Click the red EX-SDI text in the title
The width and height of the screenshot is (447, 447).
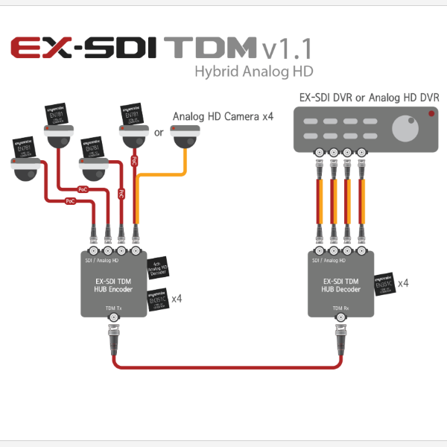coord(84,48)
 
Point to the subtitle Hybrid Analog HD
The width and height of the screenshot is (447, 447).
coord(254,72)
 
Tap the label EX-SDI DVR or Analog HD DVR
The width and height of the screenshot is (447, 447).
coord(369,98)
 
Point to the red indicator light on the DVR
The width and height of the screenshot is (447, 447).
coord(431,113)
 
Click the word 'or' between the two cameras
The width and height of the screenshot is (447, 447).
coord(158,134)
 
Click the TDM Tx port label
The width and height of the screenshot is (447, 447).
coord(113,307)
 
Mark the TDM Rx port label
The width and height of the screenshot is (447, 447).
coord(341,307)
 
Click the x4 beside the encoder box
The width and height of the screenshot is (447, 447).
coord(177,299)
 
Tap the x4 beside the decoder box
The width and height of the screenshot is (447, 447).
coord(403,283)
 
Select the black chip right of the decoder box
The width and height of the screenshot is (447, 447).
coord(384,284)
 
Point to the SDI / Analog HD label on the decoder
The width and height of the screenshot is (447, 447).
coord(329,260)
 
